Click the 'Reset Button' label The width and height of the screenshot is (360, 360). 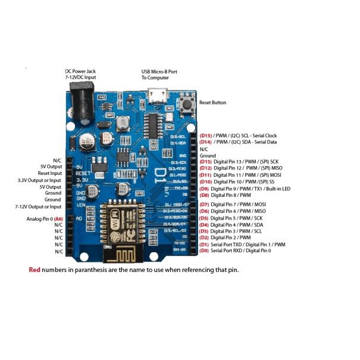click(212, 102)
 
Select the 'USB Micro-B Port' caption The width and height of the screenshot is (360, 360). click(159, 71)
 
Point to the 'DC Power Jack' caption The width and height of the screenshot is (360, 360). click(80, 71)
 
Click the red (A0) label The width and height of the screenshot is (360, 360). click(58, 219)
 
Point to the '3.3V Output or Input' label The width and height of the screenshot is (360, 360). click(39, 180)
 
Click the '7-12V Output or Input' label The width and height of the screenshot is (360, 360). click(38, 206)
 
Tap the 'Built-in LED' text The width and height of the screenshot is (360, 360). click(276, 189)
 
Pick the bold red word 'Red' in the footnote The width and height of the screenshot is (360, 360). click(35, 270)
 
